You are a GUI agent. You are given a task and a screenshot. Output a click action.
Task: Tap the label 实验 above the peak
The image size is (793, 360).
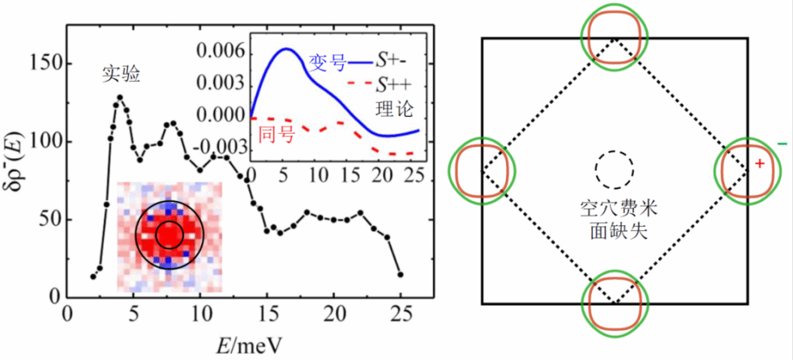click(121, 74)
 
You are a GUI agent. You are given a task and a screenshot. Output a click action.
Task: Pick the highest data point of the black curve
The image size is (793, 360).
click(120, 97)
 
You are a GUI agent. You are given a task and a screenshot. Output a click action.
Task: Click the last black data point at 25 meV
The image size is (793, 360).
click(401, 274)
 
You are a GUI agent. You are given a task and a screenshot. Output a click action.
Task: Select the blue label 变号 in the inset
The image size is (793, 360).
click(328, 61)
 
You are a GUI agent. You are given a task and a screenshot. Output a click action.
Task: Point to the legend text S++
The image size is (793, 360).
click(396, 84)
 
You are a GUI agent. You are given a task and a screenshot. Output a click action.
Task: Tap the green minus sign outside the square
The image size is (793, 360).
click(782, 144)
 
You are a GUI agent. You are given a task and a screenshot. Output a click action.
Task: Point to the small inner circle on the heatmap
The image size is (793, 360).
click(168, 233)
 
